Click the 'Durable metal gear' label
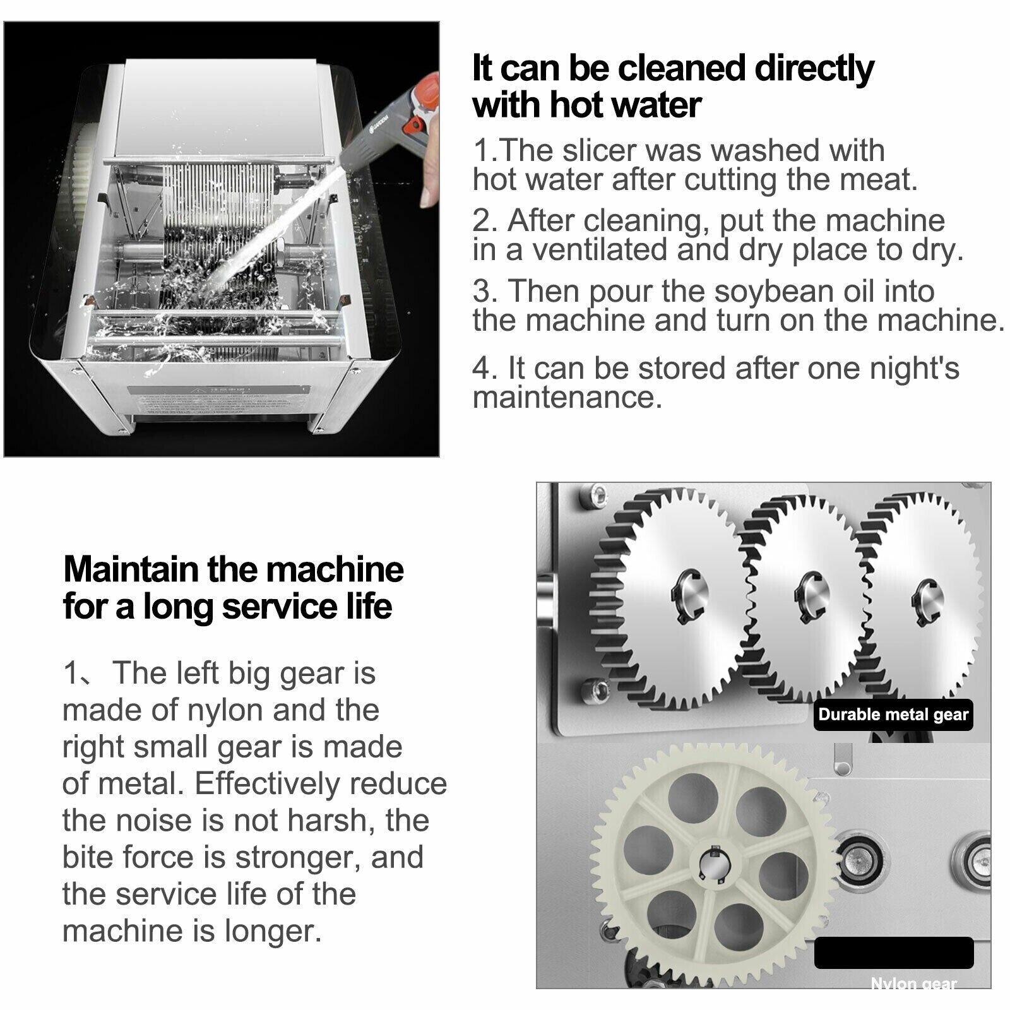pyautogui.click(x=893, y=715)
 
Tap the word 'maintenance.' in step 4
pyautogui.click(x=567, y=398)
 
